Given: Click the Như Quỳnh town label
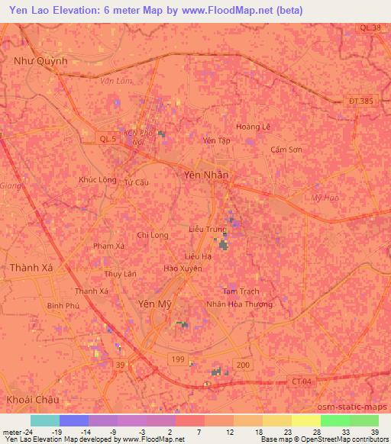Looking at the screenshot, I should [x=41, y=61].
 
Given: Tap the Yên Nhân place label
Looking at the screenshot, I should [x=206, y=175].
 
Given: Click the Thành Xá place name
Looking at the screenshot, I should [x=31, y=268].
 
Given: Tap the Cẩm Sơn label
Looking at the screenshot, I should [x=286, y=150].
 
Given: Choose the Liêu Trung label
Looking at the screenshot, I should [x=207, y=229].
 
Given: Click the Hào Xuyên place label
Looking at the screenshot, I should [x=183, y=269].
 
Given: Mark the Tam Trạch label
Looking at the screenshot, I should [x=240, y=291].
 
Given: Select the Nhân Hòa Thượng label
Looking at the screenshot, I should [x=239, y=304].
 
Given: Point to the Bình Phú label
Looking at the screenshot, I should [x=63, y=305].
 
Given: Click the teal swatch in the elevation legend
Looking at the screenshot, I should [x=45, y=420].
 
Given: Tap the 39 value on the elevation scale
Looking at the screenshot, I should [x=375, y=431].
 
